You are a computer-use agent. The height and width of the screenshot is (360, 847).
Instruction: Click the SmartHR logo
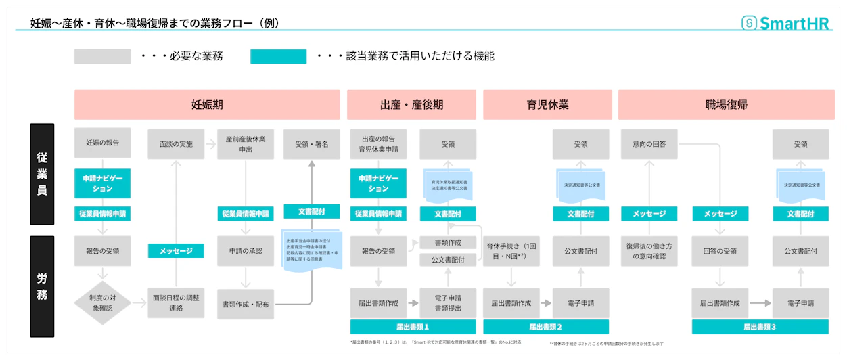click(x=785, y=23)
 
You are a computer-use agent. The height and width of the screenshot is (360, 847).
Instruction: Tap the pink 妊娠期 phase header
click(x=207, y=105)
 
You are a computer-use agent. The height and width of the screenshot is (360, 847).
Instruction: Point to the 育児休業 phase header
click(x=547, y=105)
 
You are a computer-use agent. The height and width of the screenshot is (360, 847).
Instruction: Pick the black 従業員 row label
click(x=42, y=174)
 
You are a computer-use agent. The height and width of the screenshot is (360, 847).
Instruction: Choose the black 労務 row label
click(x=42, y=286)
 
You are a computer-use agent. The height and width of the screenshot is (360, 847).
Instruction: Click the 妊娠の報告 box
click(x=102, y=143)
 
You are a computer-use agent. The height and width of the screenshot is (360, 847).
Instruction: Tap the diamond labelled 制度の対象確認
click(x=102, y=302)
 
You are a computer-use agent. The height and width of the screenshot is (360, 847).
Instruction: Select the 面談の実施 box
click(x=176, y=143)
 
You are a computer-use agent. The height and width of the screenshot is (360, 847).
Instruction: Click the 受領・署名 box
click(x=312, y=143)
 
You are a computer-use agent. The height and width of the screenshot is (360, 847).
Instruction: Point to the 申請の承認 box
click(x=245, y=251)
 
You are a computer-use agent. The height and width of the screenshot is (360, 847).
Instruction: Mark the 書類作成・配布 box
click(x=245, y=304)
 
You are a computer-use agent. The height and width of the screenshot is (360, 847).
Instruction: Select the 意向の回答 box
click(x=649, y=143)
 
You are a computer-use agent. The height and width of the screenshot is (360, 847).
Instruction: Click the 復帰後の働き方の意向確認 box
click(x=649, y=251)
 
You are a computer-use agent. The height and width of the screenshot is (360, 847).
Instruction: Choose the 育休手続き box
click(x=511, y=251)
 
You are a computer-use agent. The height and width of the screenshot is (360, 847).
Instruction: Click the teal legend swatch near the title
click(x=278, y=56)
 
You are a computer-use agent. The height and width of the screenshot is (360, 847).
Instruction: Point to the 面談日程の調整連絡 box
click(x=176, y=304)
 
